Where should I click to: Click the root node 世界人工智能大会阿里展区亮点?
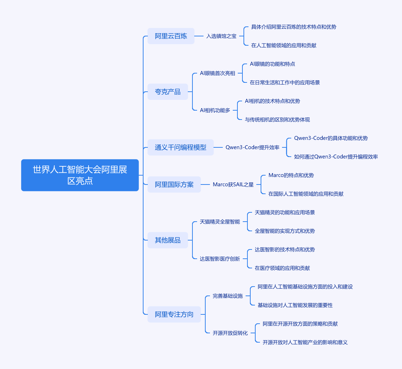80,175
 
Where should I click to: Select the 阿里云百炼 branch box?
171,36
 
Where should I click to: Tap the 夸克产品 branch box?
168,92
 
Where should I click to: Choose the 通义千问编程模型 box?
181,147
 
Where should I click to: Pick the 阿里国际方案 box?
174,184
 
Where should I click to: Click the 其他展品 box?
168,240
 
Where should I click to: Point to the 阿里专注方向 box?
174,314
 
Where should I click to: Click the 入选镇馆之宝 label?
221,36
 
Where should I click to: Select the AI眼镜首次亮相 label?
217,73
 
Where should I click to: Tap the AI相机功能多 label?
215,110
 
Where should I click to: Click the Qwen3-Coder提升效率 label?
252,147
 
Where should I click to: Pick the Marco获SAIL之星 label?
233,184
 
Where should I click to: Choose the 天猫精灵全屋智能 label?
220,222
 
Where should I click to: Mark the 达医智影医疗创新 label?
220,259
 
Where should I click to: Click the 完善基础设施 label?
228,296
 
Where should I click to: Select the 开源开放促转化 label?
230,333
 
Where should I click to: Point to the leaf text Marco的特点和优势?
291,175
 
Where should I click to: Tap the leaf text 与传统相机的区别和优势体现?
277,120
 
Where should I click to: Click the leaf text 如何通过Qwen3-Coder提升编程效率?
336,157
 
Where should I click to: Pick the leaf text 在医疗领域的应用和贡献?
282,268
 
